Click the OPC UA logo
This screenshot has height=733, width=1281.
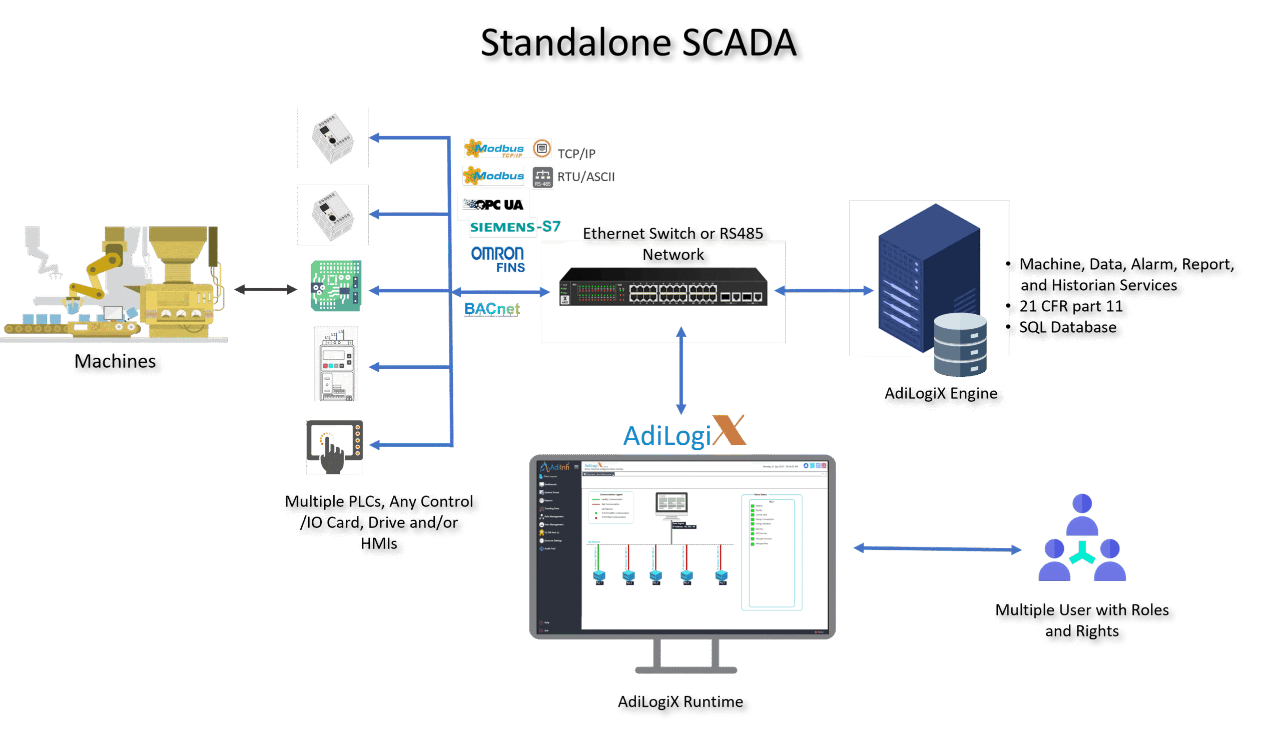click(493, 205)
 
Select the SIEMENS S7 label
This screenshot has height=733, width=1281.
click(514, 227)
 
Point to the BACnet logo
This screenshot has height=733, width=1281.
click(492, 309)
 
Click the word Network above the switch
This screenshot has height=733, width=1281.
click(673, 255)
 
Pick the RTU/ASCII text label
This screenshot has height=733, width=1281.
click(586, 177)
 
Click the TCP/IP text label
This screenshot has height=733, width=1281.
click(576, 154)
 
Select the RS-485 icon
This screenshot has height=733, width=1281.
click(542, 177)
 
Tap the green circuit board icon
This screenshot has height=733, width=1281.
click(336, 286)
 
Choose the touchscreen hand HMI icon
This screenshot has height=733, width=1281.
click(335, 447)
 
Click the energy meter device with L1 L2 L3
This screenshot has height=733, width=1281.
click(336, 363)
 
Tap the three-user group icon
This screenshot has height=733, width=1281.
click(1082, 539)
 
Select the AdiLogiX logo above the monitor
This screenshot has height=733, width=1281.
click(685, 433)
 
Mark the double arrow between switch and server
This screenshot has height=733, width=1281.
click(824, 291)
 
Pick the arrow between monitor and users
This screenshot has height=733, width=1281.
click(937, 549)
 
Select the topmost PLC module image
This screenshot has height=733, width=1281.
click(333, 138)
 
